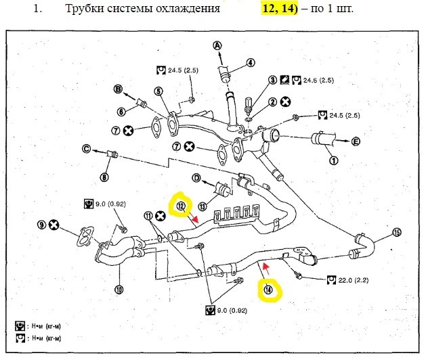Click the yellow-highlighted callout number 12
(x=181, y=206)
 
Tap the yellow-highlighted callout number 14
(x=269, y=291)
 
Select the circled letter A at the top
(x=217, y=46)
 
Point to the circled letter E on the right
(x=355, y=141)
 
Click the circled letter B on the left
(x=117, y=89)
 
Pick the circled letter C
(x=87, y=149)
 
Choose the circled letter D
(x=196, y=179)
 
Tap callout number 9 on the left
(x=42, y=225)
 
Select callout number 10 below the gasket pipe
(x=119, y=289)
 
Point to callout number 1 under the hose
(x=333, y=161)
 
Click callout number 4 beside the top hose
(x=250, y=62)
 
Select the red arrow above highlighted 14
(x=266, y=269)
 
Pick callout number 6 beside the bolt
(x=122, y=111)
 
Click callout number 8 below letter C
(x=104, y=177)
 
